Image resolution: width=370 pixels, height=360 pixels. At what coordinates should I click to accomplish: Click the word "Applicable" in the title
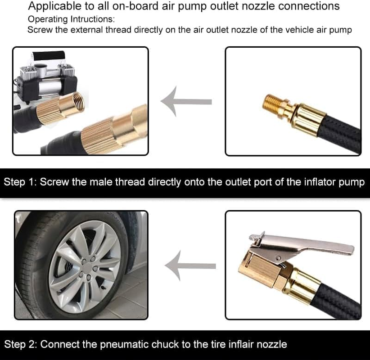click(x=51, y=6)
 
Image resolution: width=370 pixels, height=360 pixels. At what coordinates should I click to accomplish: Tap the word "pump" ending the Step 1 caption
click(x=352, y=183)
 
